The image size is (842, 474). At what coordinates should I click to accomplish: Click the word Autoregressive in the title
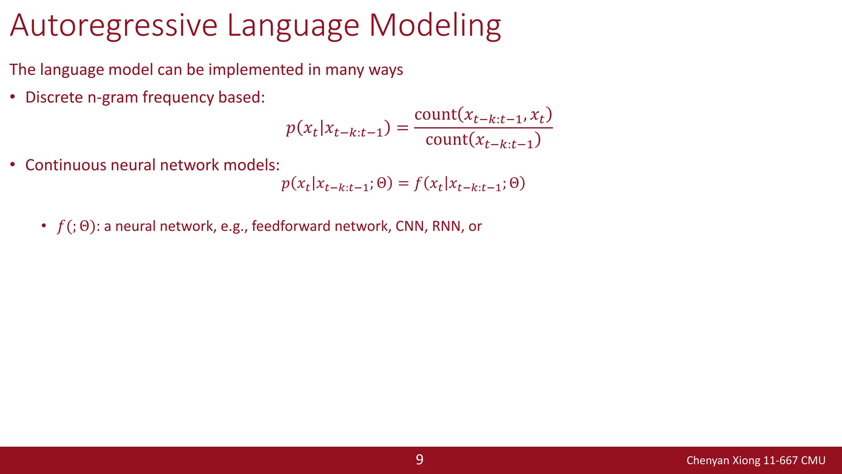click(113, 26)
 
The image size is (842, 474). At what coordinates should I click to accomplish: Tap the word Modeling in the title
click(435, 26)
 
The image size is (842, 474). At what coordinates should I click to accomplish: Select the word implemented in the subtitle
click(257, 70)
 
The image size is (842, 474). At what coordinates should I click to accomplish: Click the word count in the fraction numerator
click(435, 114)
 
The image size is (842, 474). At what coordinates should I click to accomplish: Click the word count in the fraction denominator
click(446, 139)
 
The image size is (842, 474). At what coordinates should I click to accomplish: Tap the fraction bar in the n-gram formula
click(483, 128)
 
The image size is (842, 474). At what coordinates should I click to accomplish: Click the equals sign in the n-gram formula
click(402, 128)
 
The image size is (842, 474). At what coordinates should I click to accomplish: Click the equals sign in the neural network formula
click(403, 184)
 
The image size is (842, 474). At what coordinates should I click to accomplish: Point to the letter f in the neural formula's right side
click(418, 184)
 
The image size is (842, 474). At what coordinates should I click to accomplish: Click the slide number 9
click(419, 460)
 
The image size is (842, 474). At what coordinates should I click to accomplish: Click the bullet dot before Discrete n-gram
click(13, 98)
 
